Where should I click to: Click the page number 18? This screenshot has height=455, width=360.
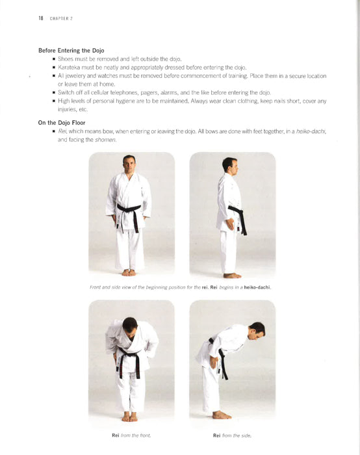pyautogui.click(x=40, y=18)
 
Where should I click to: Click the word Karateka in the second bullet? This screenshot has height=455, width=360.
pyautogui.click(x=70, y=68)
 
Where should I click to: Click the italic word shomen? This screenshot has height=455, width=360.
pyautogui.click(x=106, y=140)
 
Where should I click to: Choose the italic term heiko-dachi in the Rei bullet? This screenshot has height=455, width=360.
pyautogui.click(x=309, y=132)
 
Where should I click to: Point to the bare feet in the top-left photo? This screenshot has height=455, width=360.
pyautogui.click(x=129, y=272)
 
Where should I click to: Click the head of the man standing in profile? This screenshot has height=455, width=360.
pyautogui.click(x=229, y=165)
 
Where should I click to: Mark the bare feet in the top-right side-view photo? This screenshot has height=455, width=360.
pyautogui.click(x=232, y=275)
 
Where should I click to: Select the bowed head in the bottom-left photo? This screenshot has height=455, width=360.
pyautogui.click(x=130, y=325)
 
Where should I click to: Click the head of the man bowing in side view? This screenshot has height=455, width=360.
pyautogui.click(x=256, y=330)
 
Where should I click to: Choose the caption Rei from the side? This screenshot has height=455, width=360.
pyautogui.click(x=231, y=435)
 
